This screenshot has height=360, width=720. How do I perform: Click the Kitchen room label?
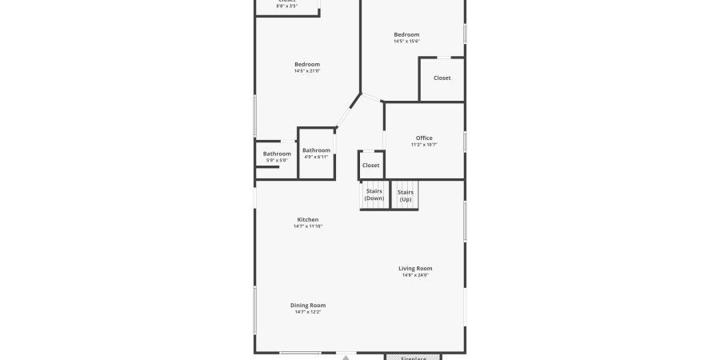[308, 219]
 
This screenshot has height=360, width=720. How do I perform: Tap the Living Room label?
[415, 268]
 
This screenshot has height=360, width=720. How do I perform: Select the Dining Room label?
[307, 305]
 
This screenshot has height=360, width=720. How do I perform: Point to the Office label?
[423, 138]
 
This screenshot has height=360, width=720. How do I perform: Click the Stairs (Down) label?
[374, 194]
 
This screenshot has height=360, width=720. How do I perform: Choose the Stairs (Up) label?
[406, 194]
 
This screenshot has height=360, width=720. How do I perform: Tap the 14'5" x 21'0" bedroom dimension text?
[307, 71]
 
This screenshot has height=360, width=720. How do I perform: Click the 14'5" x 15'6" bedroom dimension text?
[406, 42]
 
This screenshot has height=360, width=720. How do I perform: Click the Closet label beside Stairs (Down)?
[370, 166]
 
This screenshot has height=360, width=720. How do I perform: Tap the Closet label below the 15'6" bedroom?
[442, 78]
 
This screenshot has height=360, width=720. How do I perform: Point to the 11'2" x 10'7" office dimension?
[423, 145]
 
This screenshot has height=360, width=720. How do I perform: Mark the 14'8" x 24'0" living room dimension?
[415, 275]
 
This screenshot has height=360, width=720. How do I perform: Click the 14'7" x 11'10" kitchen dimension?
[308, 226]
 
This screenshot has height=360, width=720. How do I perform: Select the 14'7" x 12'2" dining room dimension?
[307, 312]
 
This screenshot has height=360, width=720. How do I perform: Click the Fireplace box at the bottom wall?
[413, 357]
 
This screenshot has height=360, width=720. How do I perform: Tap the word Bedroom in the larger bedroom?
[307, 64]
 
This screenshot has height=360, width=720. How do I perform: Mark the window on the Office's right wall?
[465, 142]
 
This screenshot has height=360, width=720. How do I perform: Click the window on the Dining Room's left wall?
[255, 310]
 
